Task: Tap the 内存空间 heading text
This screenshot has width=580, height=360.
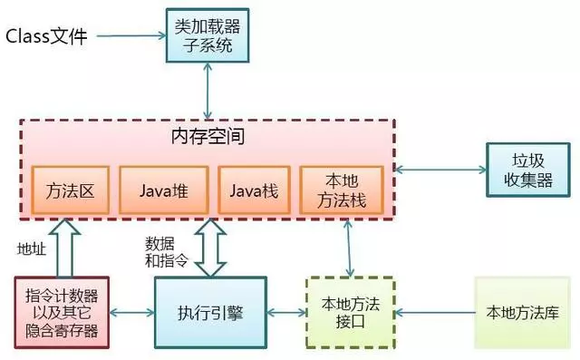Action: coord(208,138)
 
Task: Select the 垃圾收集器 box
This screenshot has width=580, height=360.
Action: coord(527,170)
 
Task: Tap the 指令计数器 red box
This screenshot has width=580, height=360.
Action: coord(63,313)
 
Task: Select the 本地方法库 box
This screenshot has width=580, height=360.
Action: coord(522,313)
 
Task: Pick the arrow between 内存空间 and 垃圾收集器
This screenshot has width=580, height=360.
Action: coord(440,170)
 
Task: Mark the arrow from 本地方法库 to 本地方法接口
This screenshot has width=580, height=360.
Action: coord(435,314)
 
